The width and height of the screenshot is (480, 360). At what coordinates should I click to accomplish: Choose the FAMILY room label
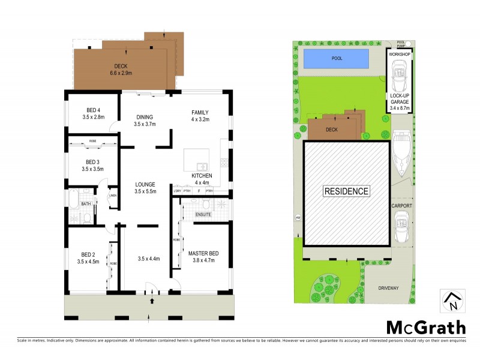[200, 112]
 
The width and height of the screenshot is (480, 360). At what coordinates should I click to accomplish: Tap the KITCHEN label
[202, 175]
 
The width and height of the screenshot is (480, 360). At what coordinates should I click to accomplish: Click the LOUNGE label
[145, 184]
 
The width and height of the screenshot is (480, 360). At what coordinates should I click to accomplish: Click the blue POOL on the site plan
[336, 59]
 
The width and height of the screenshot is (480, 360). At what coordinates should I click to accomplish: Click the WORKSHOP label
[399, 54]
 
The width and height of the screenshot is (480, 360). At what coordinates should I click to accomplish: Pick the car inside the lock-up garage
[399, 76]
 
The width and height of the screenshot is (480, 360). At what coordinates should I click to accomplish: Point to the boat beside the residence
[401, 152]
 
